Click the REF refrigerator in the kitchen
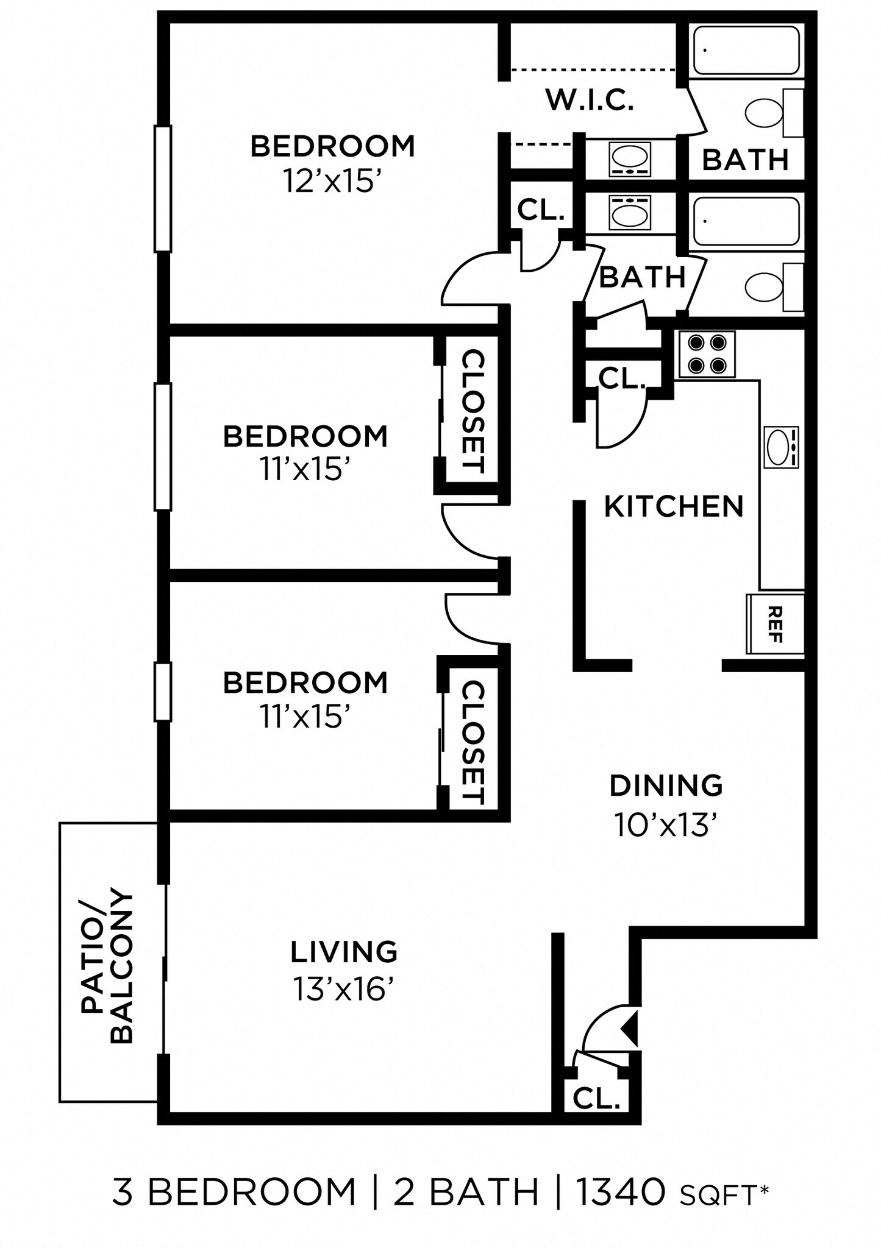pos(775,623)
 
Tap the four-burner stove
pos(707,354)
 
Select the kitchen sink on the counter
pos(780,447)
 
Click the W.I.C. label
pos(590,100)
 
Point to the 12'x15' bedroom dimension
pos(332,181)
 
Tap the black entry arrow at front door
pos(630,1027)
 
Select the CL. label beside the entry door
pos(596,1098)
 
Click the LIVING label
pos(344,952)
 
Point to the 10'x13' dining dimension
pos(665,825)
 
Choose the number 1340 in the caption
pos(621,1192)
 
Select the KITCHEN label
pos(674,506)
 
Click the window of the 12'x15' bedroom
pos(163,188)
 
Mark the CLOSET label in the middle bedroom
pos(473,411)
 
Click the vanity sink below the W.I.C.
pos(629,160)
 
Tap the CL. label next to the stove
pos(621,379)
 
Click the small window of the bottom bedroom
pos(163,692)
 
